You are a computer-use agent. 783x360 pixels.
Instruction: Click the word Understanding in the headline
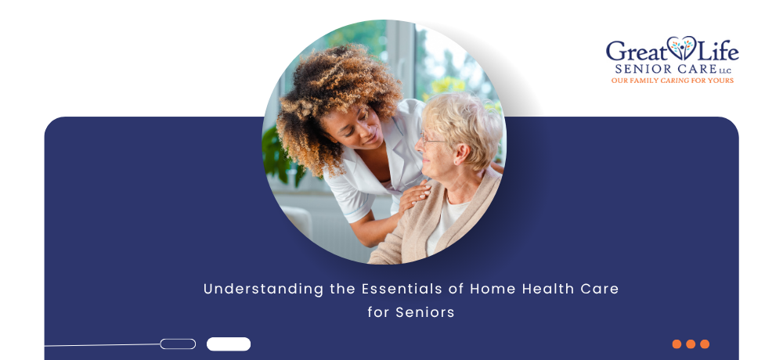pyautogui.click(x=263, y=289)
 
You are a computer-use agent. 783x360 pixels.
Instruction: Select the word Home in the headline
pyautogui.click(x=493, y=289)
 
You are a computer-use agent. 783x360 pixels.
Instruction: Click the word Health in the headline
pyautogui.click(x=544, y=289)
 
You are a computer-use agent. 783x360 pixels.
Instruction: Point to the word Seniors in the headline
pyautogui.click(x=425, y=312)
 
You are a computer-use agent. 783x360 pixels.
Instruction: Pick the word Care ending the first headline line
pyautogui.click(x=595, y=289)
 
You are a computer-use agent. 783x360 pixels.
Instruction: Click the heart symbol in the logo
pyautogui.click(x=682, y=48)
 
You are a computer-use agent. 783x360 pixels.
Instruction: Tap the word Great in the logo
pyautogui.click(x=637, y=51)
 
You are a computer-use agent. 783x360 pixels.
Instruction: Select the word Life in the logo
pyautogui.click(x=717, y=50)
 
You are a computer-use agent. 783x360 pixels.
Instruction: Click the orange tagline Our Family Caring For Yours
pyautogui.click(x=673, y=81)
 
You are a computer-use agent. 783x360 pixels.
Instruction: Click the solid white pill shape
pyautogui.click(x=229, y=344)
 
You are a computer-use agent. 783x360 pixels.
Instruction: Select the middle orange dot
pyautogui.click(x=691, y=344)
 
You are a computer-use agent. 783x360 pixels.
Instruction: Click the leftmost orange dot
pyautogui.click(x=677, y=344)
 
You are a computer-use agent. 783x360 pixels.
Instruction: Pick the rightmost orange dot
pyautogui.click(x=705, y=344)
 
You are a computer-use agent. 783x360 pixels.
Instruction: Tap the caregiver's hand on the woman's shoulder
pyautogui.click(x=414, y=196)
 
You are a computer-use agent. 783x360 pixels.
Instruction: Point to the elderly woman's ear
pyautogui.click(x=460, y=154)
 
